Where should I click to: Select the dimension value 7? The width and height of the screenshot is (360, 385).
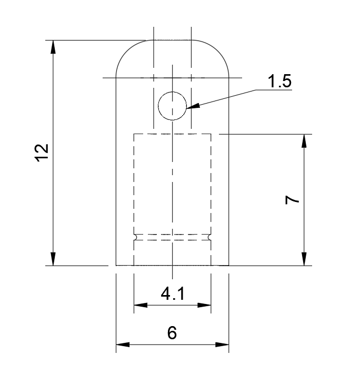293,200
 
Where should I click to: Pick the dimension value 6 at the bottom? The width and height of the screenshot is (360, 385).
172,333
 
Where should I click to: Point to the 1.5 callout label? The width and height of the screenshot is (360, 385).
279,82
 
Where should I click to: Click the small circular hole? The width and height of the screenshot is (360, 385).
172,106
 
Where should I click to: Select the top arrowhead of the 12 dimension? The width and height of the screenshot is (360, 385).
53,46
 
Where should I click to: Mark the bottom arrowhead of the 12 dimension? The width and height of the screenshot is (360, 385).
53,259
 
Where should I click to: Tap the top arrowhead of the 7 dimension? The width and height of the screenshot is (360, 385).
304,141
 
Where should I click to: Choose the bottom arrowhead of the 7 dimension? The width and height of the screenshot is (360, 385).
304,259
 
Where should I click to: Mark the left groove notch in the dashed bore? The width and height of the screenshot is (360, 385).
135,237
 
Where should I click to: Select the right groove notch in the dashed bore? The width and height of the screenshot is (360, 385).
210,237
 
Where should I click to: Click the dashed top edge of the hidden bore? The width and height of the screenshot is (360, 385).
172,134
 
